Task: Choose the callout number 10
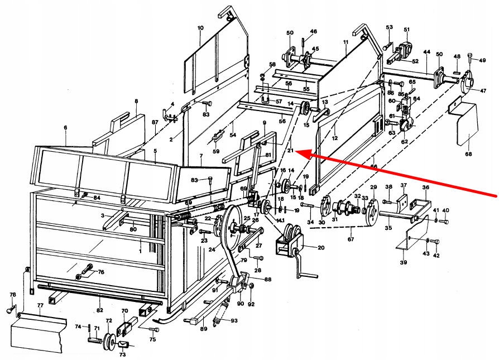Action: point(200,28)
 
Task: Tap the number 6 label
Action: point(65,128)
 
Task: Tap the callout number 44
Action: point(426,52)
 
